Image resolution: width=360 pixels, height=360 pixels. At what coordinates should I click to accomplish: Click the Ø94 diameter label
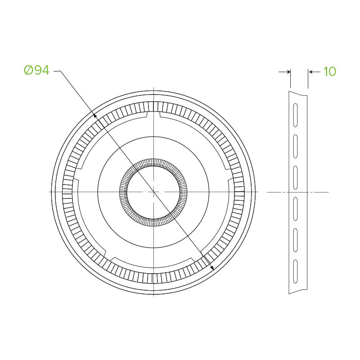coord(36,70)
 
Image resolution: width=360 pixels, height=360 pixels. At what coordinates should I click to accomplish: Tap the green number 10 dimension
coord(330,72)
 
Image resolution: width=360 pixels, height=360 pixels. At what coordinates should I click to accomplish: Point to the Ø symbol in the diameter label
coord(28,70)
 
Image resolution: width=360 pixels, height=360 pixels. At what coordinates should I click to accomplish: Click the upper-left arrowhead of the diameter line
coord(95,115)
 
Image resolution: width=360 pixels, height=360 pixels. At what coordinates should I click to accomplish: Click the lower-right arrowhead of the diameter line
coord(212,268)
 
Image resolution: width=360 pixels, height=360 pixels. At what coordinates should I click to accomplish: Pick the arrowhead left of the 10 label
coord(311,72)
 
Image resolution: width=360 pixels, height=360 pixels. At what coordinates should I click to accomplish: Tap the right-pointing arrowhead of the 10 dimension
coord(288,72)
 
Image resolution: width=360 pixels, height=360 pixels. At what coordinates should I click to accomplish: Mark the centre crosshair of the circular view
coord(153,192)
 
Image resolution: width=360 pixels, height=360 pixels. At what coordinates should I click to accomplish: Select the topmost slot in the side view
coord(296,115)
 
